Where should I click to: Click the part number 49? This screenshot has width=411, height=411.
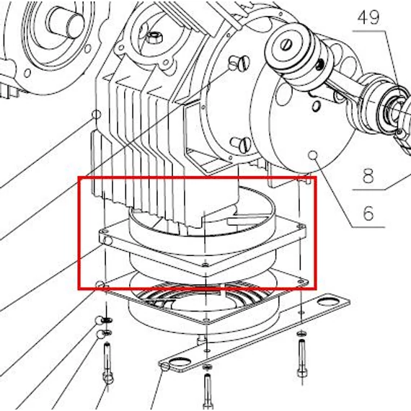click(x=368, y=18)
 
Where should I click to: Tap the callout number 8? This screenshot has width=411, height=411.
click(x=368, y=176)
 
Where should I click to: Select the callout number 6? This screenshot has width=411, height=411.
click(x=368, y=213)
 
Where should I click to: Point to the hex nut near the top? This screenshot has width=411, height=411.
click(x=154, y=38)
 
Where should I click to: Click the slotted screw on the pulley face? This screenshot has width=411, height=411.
click(x=286, y=45)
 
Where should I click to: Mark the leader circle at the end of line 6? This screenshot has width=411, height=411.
click(x=313, y=155)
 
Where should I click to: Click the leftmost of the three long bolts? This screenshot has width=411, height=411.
click(x=107, y=363)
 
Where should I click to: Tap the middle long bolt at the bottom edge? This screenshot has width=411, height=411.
click(x=207, y=392)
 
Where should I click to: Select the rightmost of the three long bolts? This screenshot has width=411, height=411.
click(x=301, y=358)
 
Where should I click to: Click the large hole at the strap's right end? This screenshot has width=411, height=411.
click(x=327, y=302)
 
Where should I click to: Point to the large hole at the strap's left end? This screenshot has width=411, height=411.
click(x=180, y=363)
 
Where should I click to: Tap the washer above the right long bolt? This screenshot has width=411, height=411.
click(x=301, y=334)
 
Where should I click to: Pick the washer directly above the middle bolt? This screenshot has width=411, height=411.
click(x=208, y=366)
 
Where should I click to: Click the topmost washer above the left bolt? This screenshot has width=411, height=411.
click(x=107, y=320)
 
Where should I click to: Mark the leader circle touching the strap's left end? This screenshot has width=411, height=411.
click(x=165, y=367)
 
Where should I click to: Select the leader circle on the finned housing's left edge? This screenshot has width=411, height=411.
click(x=96, y=115)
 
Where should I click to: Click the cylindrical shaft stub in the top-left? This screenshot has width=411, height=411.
click(x=65, y=19)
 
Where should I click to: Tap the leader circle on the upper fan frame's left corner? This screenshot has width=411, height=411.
click(x=107, y=240)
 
